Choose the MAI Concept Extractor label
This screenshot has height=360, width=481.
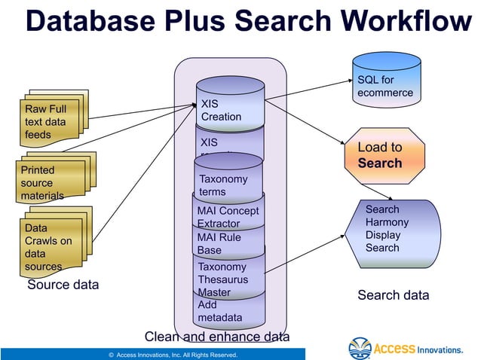[228, 217]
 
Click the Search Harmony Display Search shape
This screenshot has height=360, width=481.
[391, 228]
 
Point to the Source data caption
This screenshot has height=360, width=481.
[63, 285]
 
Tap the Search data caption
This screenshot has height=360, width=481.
[393, 295]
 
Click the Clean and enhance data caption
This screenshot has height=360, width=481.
[216, 337]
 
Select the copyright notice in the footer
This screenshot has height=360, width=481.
[173, 354]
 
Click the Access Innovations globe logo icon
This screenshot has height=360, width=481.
[360, 348]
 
